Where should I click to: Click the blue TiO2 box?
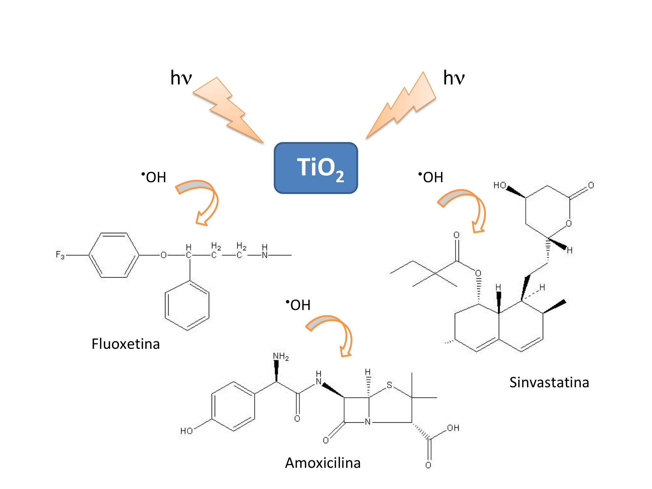tap(316, 168)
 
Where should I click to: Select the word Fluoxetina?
tap(126, 344)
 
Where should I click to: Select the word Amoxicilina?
tap(323, 463)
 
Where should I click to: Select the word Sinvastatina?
tap(549, 382)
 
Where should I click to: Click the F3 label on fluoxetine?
tap(60, 255)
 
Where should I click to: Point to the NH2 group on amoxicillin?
tap(281, 356)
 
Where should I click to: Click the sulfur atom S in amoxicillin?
tap(389, 385)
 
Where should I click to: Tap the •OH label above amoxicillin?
tap(298, 305)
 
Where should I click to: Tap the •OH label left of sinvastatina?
tap(431, 177)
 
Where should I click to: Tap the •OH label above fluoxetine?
tap(154, 177)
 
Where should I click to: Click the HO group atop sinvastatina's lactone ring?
tap(499, 185)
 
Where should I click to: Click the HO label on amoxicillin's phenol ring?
tap(186, 431)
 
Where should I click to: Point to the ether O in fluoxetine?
tap(163, 255)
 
